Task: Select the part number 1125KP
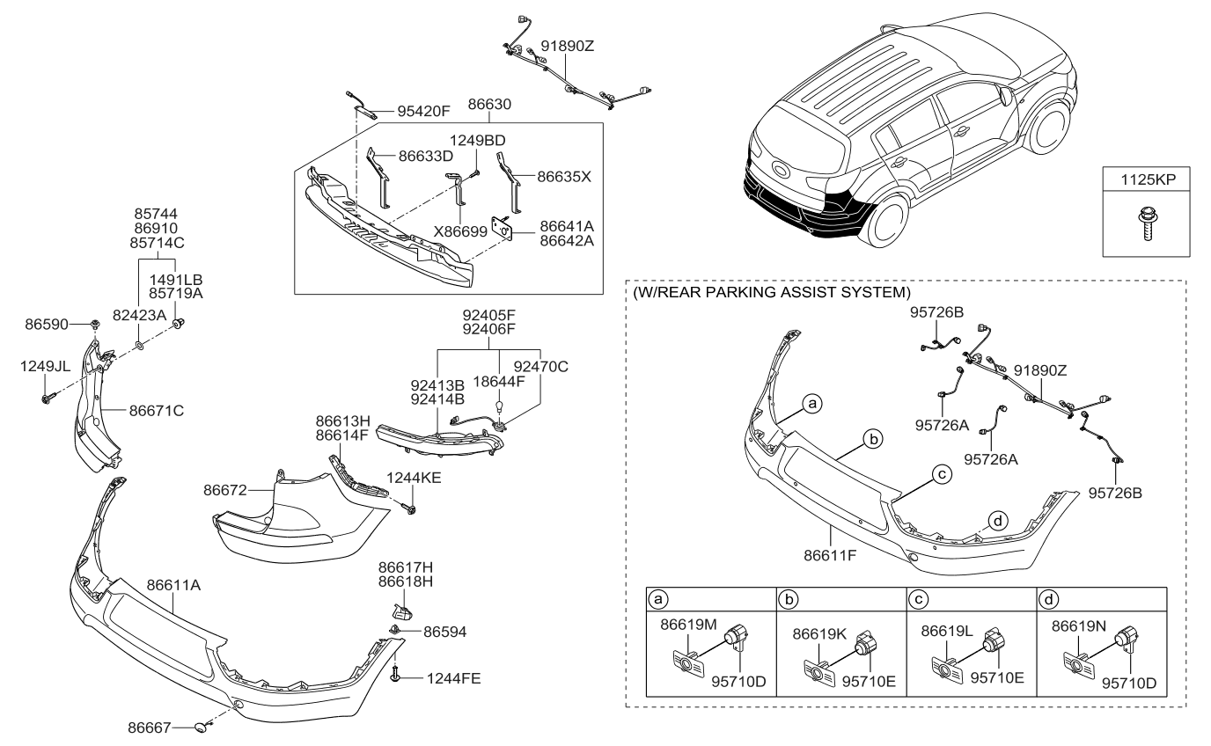coord(1141,179)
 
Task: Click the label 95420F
coord(423,112)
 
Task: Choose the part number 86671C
coord(157,410)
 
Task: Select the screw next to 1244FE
coord(397,676)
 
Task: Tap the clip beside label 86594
coord(395,630)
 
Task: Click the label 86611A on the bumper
coord(174,584)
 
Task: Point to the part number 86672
coord(224,489)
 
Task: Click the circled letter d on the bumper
coord(995,519)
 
